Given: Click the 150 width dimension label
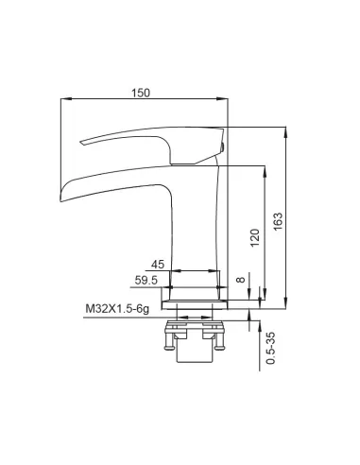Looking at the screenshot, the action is (x=141, y=94).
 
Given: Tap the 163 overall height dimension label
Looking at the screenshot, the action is (x=278, y=221).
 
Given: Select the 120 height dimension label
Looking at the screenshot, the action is (x=254, y=238).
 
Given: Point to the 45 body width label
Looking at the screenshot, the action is (x=158, y=264).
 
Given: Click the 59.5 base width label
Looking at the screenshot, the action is (x=146, y=280).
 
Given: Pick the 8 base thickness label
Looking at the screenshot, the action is (x=241, y=280).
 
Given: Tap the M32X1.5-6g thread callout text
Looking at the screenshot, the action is (x=117, y=309).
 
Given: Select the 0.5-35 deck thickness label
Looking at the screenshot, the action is (x=271, y=348).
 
